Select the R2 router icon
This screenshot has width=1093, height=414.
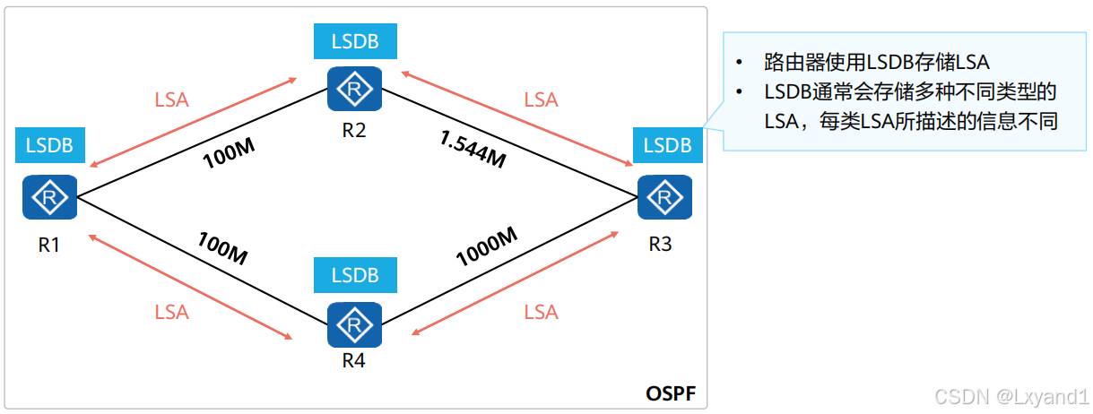[x=355, y=88]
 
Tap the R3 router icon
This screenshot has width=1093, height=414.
[x=664, y=196]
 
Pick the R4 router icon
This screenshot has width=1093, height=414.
[x=355, y=324]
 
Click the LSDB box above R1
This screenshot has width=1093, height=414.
[x=50, y=144]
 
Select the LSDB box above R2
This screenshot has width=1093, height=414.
[x=355, y=41]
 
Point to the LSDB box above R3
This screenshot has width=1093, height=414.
[x=668, y=145]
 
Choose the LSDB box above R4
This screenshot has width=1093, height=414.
[x=355, y=275]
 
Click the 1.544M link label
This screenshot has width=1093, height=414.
[x=473, y=149]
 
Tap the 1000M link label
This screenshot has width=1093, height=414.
[x=487, y=246]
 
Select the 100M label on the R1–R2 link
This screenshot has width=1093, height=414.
[x=229, y=155]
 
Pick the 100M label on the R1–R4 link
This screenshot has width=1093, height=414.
[x=221, y=248]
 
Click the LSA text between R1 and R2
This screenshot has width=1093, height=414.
[x=171, y=99]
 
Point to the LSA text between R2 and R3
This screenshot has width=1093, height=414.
[x=541, y=99]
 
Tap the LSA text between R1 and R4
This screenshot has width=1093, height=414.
[x=171, y=312]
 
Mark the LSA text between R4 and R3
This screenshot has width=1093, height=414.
[x=541, y=312]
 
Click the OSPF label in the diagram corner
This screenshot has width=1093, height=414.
[x=671, y=393]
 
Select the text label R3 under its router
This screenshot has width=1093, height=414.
[x=660, y=244]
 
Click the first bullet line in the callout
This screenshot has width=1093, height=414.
[x=876, y=63]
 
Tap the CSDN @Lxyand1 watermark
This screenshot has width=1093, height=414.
[x=1011, y=395]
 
